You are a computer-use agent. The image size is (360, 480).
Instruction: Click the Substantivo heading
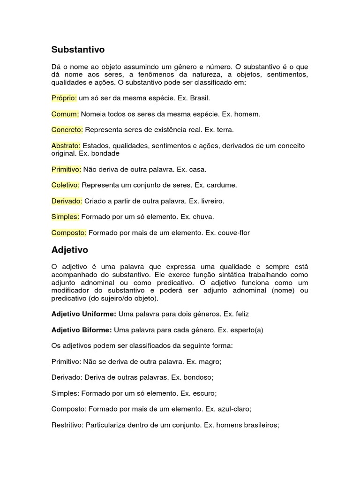pos(78,49)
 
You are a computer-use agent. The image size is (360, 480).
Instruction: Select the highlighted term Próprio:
pos(64,98)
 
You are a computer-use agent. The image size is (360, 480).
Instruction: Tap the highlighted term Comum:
pos(65,114)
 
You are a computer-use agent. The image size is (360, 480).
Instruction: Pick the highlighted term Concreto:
pos(67,129)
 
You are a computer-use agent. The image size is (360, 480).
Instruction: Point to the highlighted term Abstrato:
pos(66,146)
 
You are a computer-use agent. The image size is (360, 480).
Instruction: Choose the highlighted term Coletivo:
pos(66,185)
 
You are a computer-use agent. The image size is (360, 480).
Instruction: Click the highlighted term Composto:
pos(69,233)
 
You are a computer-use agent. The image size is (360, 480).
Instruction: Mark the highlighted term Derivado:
pos(67,201)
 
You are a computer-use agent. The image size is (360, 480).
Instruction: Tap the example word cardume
pos(220,185)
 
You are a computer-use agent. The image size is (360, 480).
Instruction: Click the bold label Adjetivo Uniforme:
pos(84,314)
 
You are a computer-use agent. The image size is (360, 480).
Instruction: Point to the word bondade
pos(105,154)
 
